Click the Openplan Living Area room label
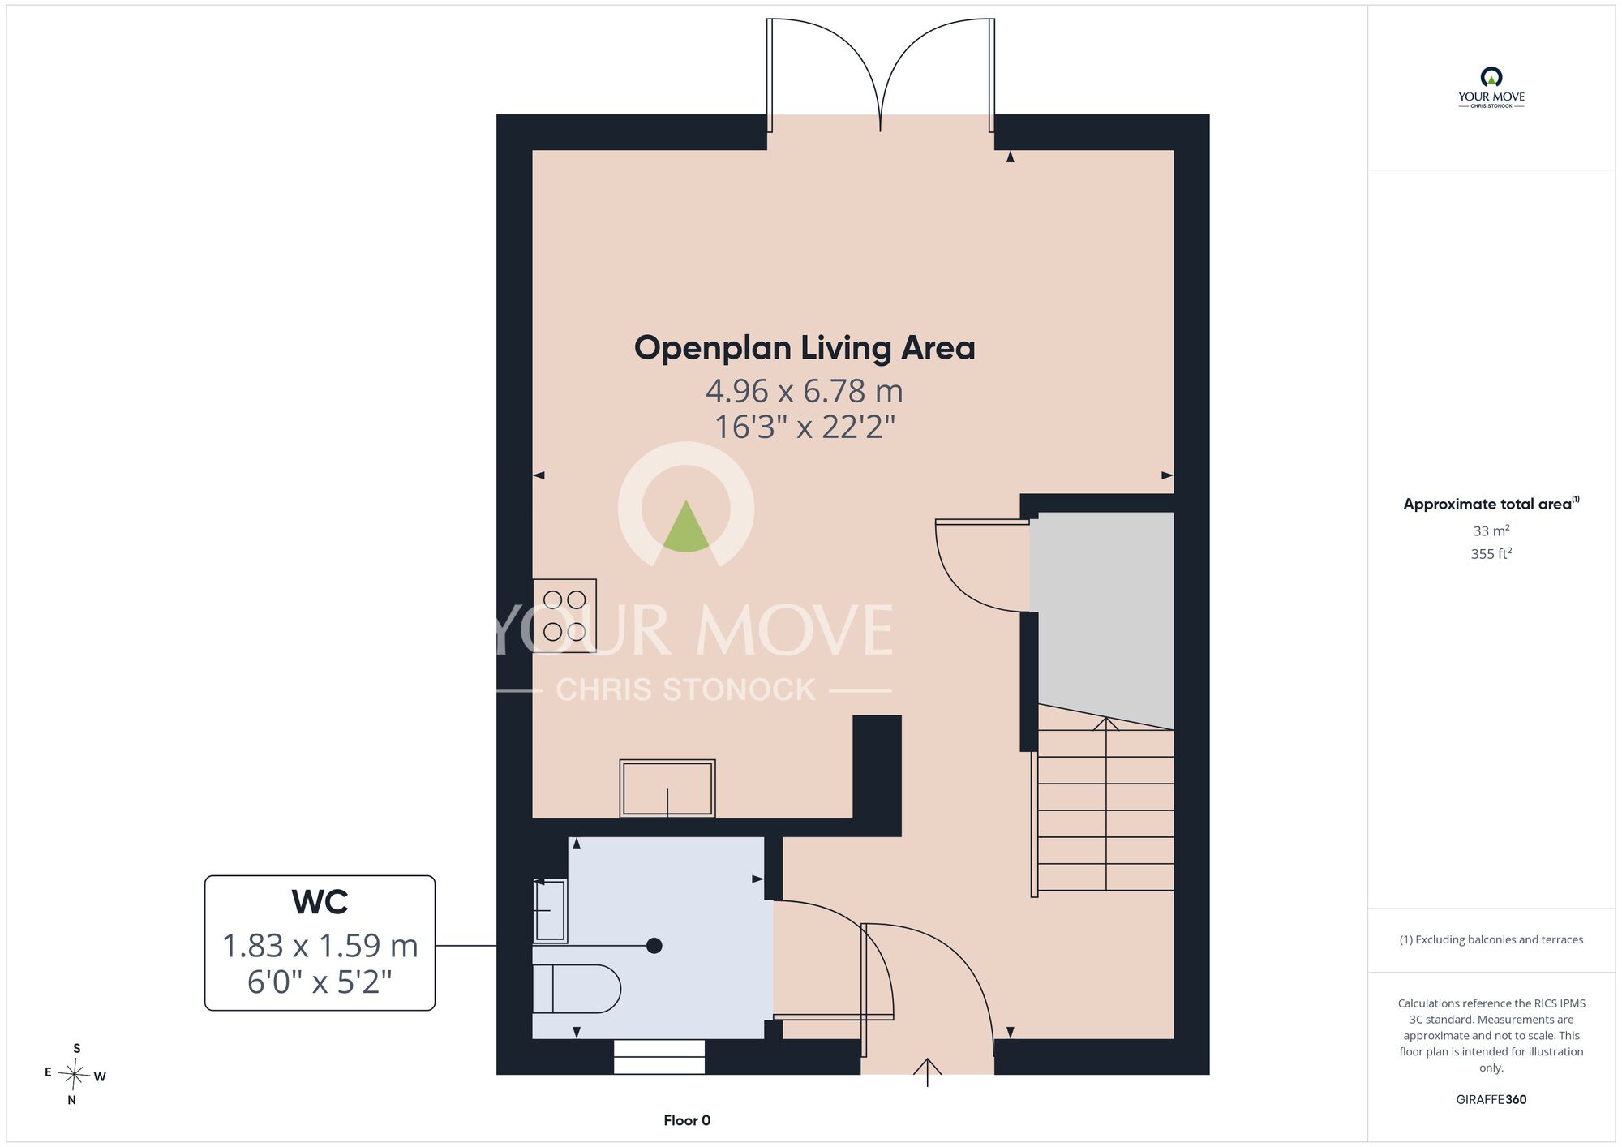tap(805, 348)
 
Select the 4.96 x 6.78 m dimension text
tap(805, 391)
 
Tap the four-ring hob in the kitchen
tap(564, 616)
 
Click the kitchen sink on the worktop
tap(667, 788)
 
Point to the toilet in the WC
tap(576, 989)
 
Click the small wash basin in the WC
tap(550, 910)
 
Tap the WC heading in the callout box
tap(320, 902)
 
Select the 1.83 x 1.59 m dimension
tap(320, 946)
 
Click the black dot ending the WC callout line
tap(654, 946)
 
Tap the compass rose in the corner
tap(75, 1075)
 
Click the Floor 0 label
tap(687, 1120)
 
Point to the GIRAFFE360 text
tap(1491, 1100)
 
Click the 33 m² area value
tap(1491, 531)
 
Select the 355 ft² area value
tap(1491, 553)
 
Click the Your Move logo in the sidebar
tap(1491, 88)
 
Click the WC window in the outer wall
tap(659, 1057)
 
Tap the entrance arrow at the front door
tap(928, 1072)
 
